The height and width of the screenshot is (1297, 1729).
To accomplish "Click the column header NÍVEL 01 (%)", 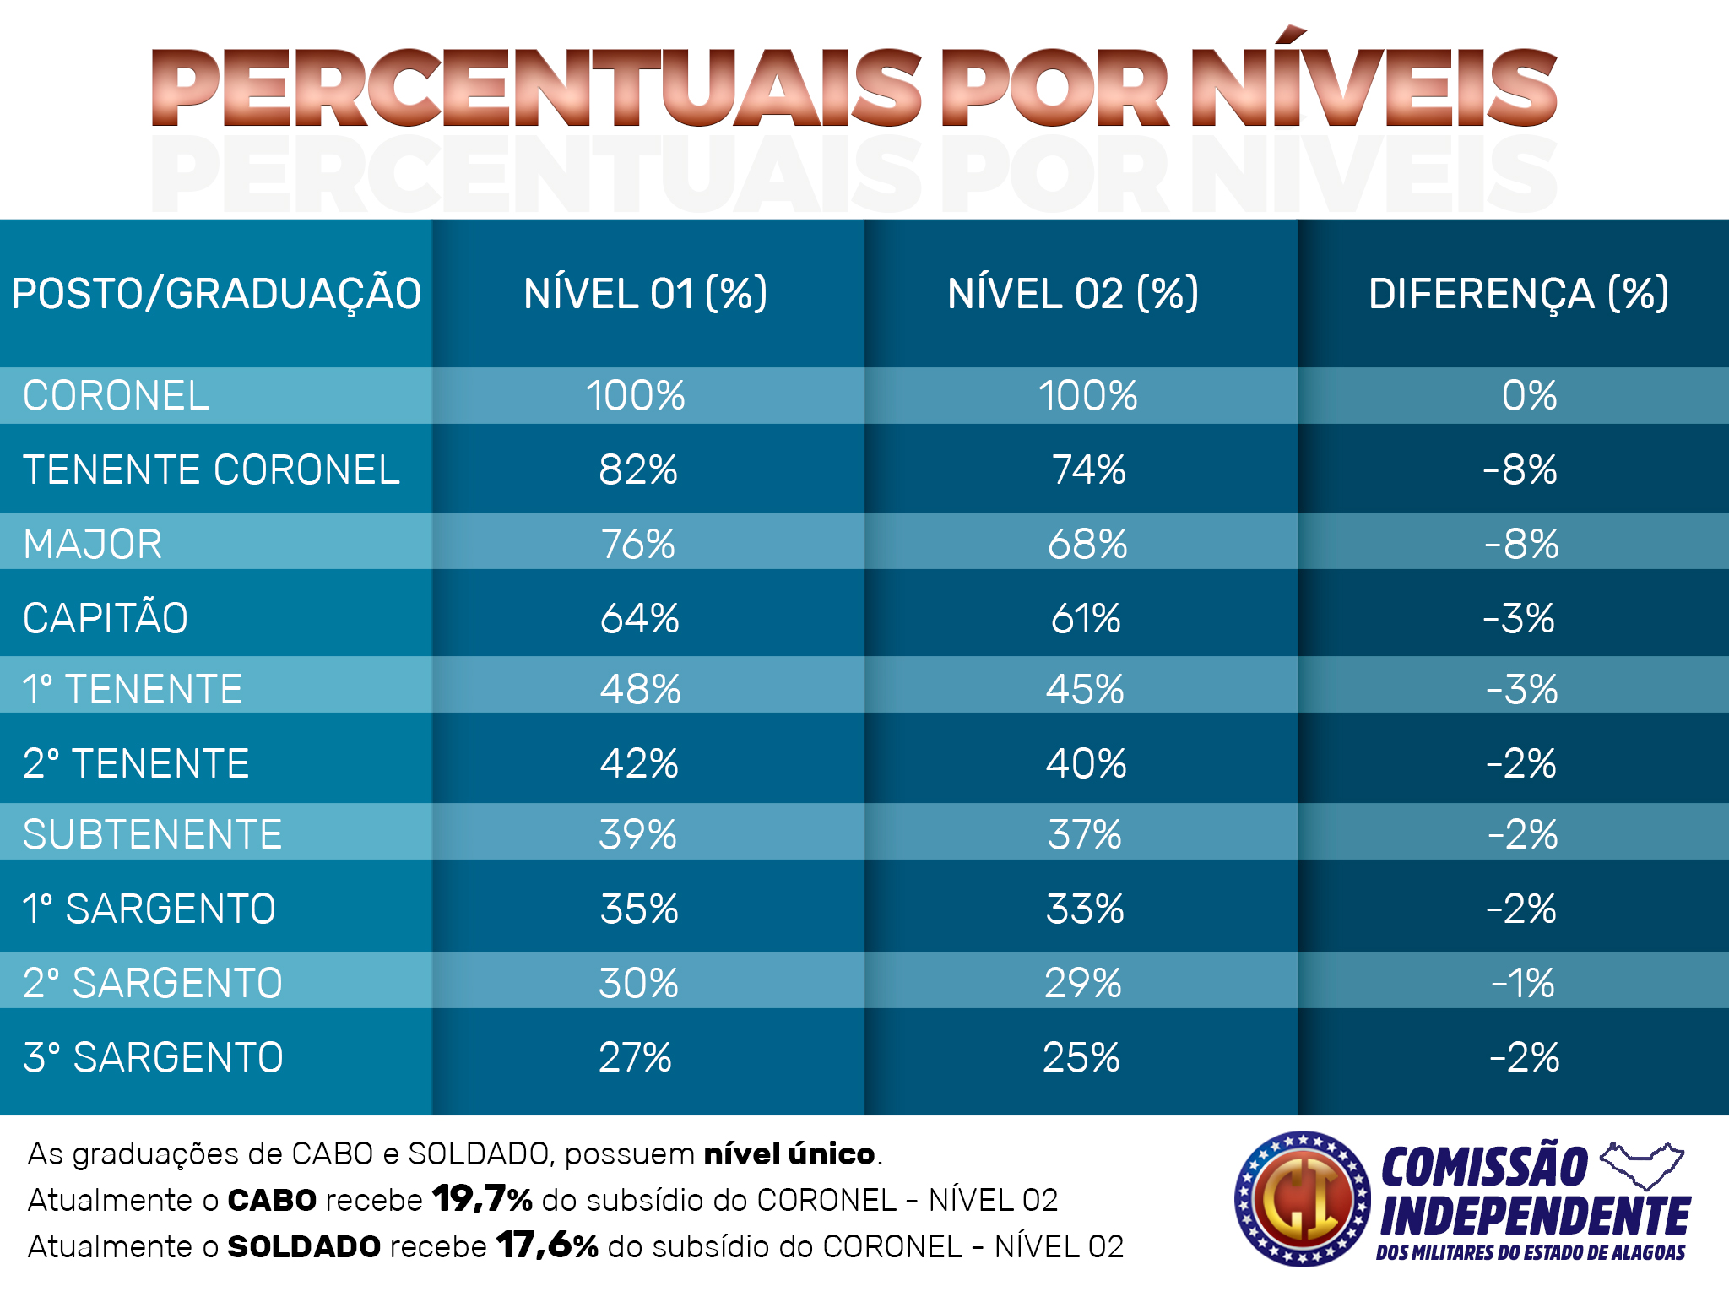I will [x=645, y=294].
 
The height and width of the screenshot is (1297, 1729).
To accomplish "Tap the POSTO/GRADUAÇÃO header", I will [x=216, y=294].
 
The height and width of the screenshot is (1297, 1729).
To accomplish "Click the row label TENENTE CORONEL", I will [x=211, y=470].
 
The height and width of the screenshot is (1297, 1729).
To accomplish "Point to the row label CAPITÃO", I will [x=106, y=618].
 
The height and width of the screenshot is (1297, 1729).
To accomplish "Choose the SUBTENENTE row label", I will [x=152, y=835].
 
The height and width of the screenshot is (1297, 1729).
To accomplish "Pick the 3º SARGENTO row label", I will [x=153, y=1058].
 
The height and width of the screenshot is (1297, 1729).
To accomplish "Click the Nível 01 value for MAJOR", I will [x=638, y=545].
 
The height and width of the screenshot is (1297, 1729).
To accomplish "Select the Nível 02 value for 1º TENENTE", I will [x=1085, y=690].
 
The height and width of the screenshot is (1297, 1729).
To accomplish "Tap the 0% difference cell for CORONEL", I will [x=1529, y=396].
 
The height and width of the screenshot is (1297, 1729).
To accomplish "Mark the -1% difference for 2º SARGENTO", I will [x=1522, y=984].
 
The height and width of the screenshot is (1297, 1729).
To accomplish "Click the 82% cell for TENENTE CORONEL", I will [x=638, y=470].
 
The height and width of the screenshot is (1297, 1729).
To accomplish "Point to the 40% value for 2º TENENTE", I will [x=1086, y=764].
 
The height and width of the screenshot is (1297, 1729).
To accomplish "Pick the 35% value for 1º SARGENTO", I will [x=639, y=909].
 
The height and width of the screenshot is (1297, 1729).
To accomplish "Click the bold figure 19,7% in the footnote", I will [x=482, y=1199].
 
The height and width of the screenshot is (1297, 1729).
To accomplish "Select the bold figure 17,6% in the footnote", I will [x=547, y=1245].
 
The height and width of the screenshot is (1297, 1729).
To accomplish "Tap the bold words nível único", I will [x=789, y=1153].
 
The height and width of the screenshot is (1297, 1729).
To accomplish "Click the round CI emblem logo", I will [x=1302, y=1199].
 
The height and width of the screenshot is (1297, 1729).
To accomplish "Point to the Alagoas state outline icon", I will [x=1642, y=1165].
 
